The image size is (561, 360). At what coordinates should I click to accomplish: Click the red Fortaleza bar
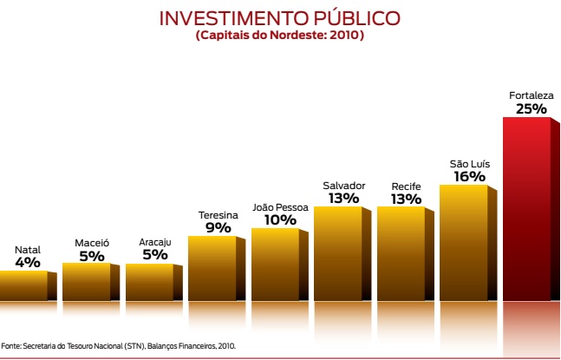(x=526, y=208)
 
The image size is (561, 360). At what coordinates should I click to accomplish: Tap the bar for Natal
(x=23, y=285)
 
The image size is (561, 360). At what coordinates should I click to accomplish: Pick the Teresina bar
(x=212, y=268)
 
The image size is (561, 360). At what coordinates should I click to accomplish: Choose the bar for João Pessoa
(x=275, y=264)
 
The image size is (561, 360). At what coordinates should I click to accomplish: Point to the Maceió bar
(x=87, y=281)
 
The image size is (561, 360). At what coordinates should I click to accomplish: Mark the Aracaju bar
(x=149, y=281)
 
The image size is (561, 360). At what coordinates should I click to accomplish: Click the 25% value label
(x=531, y=108)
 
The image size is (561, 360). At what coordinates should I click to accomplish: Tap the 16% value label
(x=468, y=176)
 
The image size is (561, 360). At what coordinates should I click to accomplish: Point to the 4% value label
(x=28, y=262)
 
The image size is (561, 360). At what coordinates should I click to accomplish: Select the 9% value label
(x=218, y=228)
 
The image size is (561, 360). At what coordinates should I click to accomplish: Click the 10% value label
(x=280, y=219)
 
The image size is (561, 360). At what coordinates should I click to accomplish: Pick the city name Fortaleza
(x=531, y=95)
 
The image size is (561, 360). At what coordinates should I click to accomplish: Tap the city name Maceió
(x=91, y=242)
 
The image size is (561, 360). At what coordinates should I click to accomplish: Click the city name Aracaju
(x=154, y=242)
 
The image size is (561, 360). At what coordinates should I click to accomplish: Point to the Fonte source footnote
(x=118, y=345)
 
